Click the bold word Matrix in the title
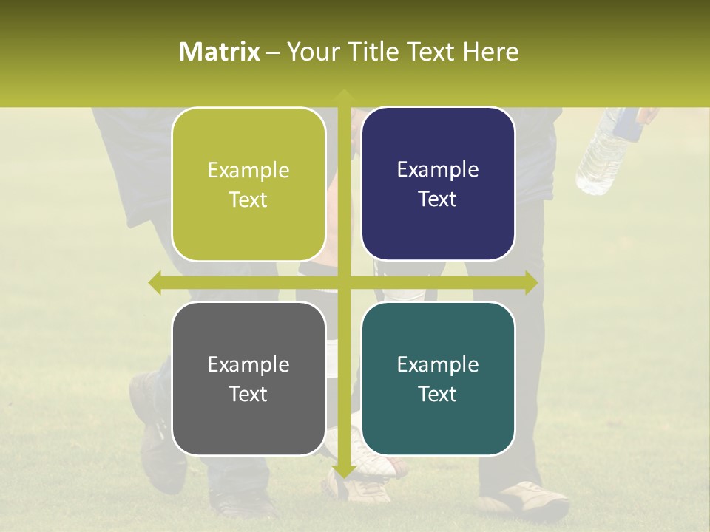[x=220, y=52]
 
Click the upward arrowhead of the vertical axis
[x=343, y=96]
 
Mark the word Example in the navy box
[x=438, y=169]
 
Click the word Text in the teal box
[x=438, y=394]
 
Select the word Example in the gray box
[x=248, y=364]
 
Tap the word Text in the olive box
[x=248, y=199]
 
